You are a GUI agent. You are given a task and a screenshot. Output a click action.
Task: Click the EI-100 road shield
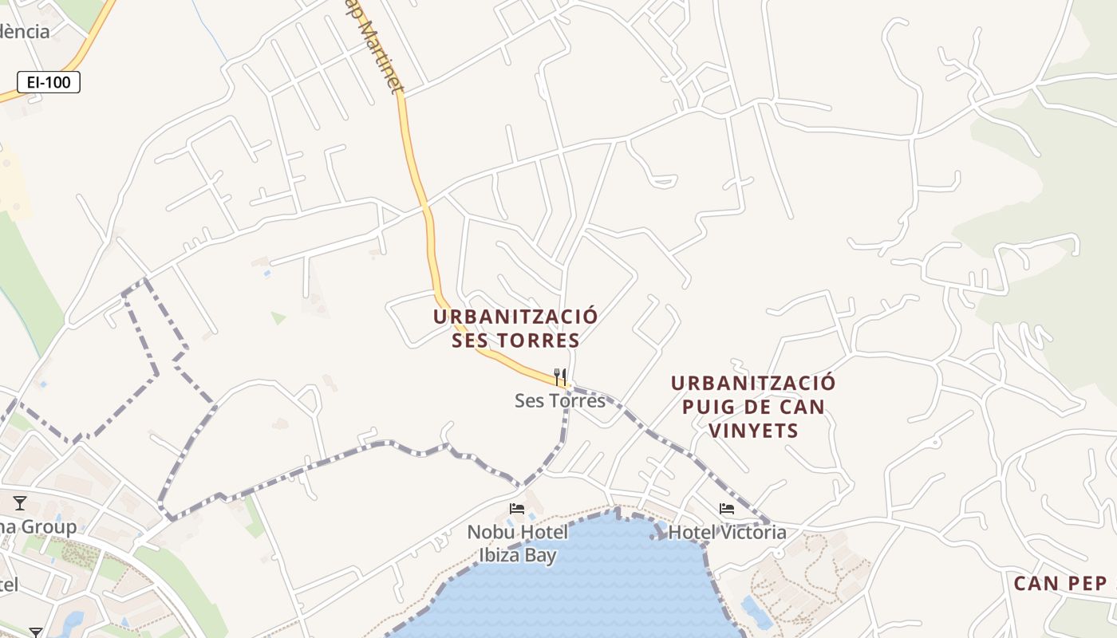pyautogui.click(x=49, y=81)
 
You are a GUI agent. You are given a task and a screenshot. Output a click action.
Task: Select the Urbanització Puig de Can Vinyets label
pyautogui.click(x=752, y=407)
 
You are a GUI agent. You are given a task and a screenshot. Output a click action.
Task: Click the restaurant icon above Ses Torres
pyautogui.click(x=560, y=376)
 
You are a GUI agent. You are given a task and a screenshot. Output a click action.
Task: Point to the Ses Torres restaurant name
pyautogui.click(x=560, y=400)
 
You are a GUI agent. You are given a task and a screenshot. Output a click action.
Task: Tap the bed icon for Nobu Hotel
pyautogui.click(x=517, y=508)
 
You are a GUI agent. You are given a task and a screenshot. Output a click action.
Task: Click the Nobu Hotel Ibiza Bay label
pyautogui.click(x=518, y=544)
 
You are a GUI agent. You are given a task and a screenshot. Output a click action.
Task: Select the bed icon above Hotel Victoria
pyautogui.click(x=727, y=508)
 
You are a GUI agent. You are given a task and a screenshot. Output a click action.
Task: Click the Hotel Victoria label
pyautogui.click(x=728, y=532)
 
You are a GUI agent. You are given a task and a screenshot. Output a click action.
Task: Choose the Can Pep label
pyautogui.click(x=1060, y=584)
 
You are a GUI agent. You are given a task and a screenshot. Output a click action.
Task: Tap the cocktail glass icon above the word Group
pyautogui.click(x=20, y=503)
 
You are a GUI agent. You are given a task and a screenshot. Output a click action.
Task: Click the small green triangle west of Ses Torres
pyautogui.click(x=278, y=318)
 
